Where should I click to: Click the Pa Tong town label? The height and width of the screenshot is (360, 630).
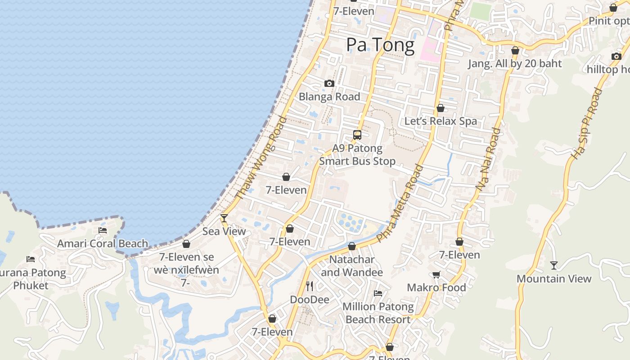click(x=380, y=45)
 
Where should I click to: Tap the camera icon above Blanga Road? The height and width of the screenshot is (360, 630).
click(x=329, y=83)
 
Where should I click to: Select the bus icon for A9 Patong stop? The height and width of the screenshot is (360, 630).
click(x=357, y=135)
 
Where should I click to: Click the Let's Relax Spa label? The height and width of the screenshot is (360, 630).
click(x=441, y=121)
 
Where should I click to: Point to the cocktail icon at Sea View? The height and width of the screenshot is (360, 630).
click(x=224, y=218)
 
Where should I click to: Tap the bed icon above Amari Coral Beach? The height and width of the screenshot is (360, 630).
click(x=103, y=230)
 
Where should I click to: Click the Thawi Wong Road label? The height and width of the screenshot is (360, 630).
click(x=261, y=157)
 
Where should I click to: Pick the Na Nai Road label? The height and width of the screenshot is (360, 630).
click(x=488, y=159)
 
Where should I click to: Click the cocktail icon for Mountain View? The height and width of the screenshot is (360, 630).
click(x=554, y=265)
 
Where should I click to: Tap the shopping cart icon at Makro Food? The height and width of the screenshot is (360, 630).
click(x=436, y=274)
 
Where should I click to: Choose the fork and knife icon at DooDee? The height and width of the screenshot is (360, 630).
click(x=310, y=286)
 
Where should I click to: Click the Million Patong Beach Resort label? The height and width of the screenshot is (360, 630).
click(x=378, y=313)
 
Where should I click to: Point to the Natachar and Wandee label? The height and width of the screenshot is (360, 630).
click(x=352, y=266)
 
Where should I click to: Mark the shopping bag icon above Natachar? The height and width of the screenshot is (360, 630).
click(x=352, y=246)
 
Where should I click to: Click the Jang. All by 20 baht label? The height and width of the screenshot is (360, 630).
click(x=515, y=63)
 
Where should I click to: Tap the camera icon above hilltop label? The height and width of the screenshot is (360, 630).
click(x=616, y=56)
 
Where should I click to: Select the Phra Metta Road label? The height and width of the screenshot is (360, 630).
click(x=400, y=204)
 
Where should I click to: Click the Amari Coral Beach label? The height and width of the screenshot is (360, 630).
click(x=103, y=243)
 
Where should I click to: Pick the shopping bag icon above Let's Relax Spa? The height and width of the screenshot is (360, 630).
click(x=441, y=108)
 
